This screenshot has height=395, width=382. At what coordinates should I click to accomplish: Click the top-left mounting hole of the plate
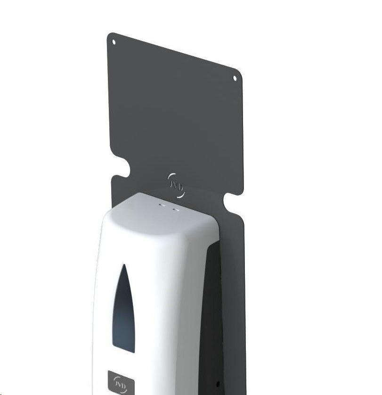(x=114, y=42)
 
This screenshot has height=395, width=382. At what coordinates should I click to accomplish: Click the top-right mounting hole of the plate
(x=235, y=78)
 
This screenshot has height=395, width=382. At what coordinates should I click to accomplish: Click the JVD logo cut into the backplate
(x=176, y=185)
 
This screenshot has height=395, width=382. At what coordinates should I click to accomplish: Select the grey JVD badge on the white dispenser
(x=121, y=382)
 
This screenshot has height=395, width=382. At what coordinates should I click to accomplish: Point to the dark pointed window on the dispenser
(x=123, y=309)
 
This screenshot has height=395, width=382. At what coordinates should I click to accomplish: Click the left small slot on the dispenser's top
(x=163, y=205)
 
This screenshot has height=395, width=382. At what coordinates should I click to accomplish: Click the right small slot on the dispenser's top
(x=176, y=209)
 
